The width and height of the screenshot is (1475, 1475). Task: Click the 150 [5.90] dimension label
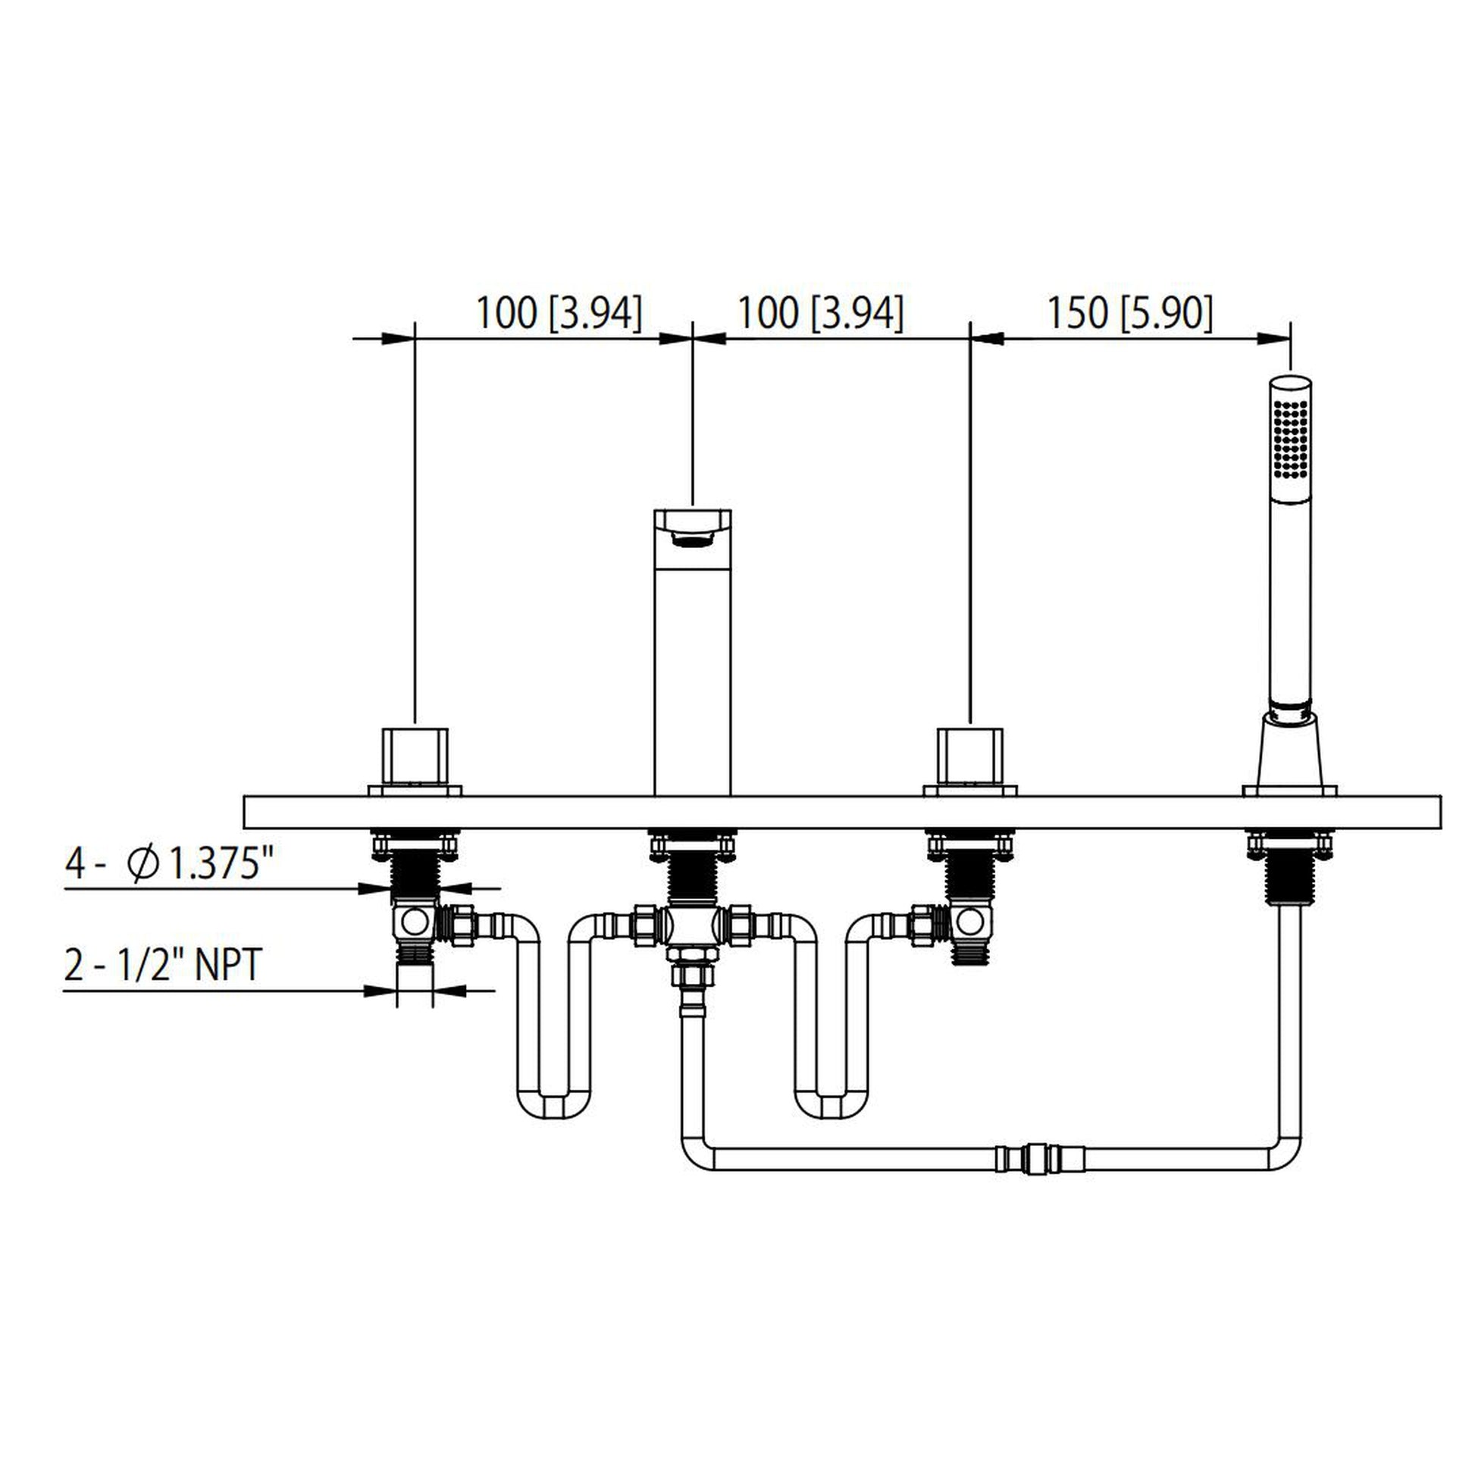pos(1129,313)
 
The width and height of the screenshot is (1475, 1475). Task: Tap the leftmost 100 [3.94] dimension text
pos(559,313)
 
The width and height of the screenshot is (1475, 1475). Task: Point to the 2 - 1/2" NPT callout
pos(164,965)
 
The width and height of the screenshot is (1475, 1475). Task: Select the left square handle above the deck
pos(415,756)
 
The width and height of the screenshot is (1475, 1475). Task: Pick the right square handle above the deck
pos(969,756)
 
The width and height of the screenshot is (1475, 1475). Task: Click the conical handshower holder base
pos(1289,752)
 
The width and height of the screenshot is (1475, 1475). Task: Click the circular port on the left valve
pos(415,923)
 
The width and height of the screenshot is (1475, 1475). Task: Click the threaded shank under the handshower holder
pos(1289,878)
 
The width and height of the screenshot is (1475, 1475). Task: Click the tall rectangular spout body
pos(693,672)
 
